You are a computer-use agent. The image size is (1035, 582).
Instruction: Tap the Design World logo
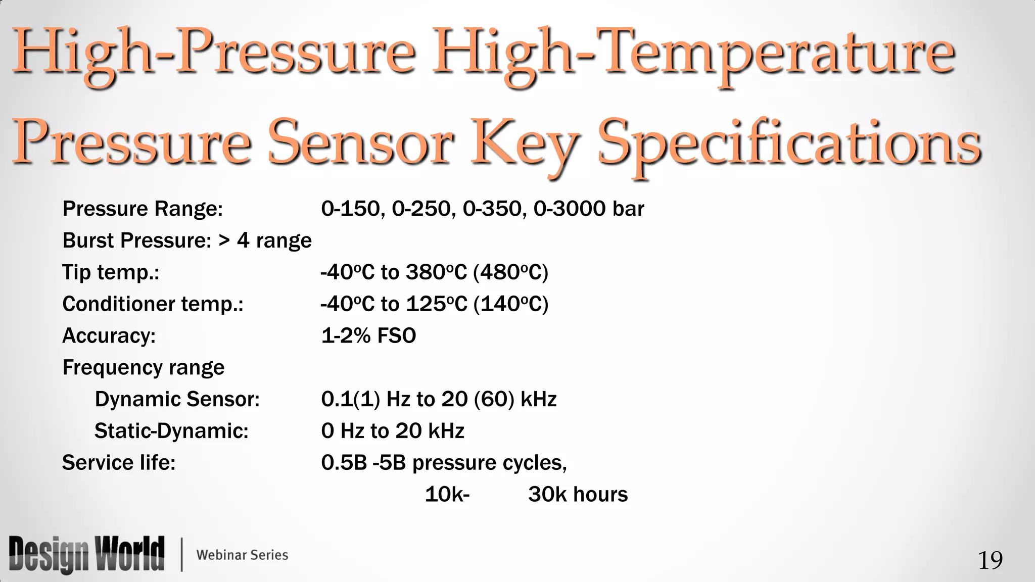[86, 554]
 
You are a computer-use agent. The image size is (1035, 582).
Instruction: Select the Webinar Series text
[242, 555]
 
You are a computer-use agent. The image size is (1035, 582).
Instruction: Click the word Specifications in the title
[789, 144]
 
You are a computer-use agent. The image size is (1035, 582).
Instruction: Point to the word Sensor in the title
[360, 144]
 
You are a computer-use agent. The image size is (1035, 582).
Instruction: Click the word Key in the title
[525, 144]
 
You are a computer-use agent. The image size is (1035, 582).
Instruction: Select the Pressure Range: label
[143, 209]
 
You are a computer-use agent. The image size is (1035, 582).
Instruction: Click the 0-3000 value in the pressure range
[569, 209]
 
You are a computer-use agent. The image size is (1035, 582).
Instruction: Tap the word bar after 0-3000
[628, 209]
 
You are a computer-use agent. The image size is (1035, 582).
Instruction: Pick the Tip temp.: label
[111, 272]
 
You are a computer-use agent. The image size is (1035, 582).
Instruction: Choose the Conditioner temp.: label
[153, 304]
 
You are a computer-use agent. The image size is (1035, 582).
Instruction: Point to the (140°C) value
[511, 304]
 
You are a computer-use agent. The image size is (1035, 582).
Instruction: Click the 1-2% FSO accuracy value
[368, 335]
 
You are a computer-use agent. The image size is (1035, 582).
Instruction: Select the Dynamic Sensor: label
[177, 399]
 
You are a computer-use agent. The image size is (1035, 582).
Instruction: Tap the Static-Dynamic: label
[171, 431]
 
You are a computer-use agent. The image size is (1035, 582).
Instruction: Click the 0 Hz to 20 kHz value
[393, 431]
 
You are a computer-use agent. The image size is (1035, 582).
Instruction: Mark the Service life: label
[119, 463]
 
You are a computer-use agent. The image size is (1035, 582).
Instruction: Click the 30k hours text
[578, 495]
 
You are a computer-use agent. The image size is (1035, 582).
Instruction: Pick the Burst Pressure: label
[136, 240]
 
